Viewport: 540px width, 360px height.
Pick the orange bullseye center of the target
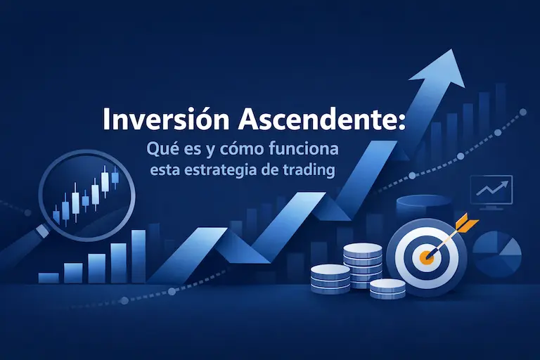tap(424, 257)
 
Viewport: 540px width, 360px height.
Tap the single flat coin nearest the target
tap(387, 288)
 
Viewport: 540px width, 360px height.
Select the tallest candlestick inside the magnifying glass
tap(105, 181)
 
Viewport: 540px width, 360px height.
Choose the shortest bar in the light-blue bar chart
tap(49, 277)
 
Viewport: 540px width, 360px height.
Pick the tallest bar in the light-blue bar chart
tap(139, 256)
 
